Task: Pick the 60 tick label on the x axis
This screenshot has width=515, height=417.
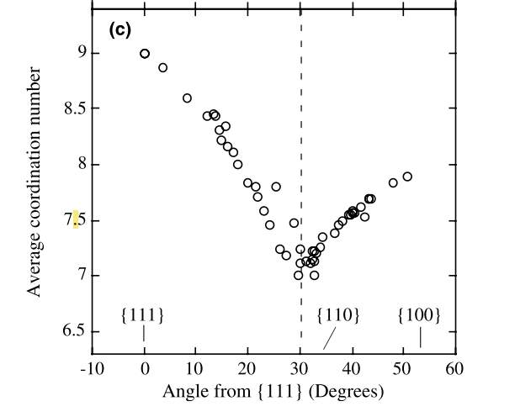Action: pyautogui.click(x=454, y=370)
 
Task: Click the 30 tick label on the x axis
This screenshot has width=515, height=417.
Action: pyautogui.click(x=300, y=370)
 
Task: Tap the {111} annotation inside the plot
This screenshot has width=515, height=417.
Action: pyautogui.click(x=143, y=315)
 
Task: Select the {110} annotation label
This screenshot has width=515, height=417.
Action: pyautogui.click(x=338, y=315)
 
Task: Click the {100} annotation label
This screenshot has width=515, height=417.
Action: pyautogui.click(x=418, y=315)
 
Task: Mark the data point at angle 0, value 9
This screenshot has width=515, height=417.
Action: pyautogui.click(x=145, y=53)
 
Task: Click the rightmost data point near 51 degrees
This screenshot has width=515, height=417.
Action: pyautogui.click(x=407, y=177)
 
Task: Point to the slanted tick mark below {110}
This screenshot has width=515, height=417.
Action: pyautogui.click(x=330, y=338)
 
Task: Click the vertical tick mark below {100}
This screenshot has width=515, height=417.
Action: pyautogui.click(x=421, y=337)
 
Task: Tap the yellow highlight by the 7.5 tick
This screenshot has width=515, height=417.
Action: pyautogui.click(x=76, y=219)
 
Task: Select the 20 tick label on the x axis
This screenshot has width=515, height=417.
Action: pyautogui.click(x=247, y=370)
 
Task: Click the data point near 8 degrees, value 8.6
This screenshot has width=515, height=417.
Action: pyautogui.click(x=187, y=98)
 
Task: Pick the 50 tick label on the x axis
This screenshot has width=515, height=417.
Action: pyautogui.click(x=402, y=370)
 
